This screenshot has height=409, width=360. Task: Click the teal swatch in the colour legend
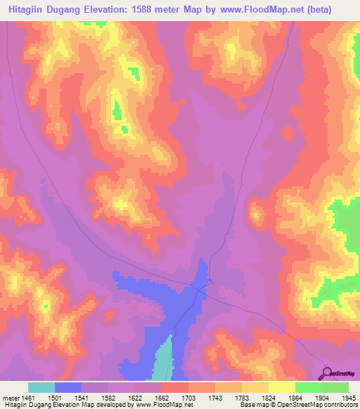(x=41, y=388)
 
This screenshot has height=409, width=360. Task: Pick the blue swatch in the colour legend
(x=68, y=388)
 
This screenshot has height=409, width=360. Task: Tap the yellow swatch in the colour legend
(x=281, y=388)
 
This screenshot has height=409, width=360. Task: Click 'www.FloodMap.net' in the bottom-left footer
(x=157, y=405)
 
